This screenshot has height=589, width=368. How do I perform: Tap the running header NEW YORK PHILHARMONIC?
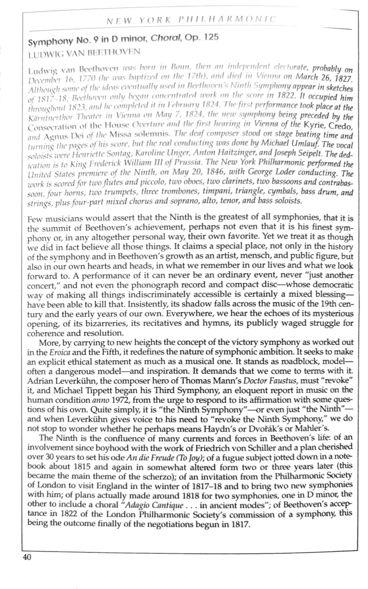(191, 20)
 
